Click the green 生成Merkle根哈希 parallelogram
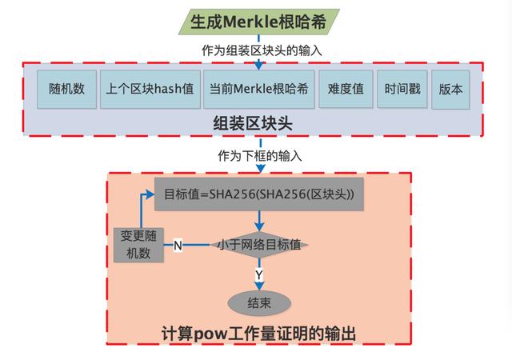point(258,22)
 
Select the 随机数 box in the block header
point(66,89)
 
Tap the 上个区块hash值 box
point(150,89)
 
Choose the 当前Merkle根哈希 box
point(259,89)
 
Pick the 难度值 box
point(346,89)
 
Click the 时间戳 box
point(402,89)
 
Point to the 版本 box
point(450,89)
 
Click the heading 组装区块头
point(253,124)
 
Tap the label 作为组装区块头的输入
point(262,50)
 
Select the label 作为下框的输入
point(260,156)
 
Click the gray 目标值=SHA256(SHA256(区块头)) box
point(259,194)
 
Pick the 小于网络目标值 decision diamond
point(259,245)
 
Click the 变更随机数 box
point(138,245)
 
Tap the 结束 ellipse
point(259,303)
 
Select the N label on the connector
point(178,245)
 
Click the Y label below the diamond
point(259,274)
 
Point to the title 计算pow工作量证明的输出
point(258,334)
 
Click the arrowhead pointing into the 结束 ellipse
point(259,286)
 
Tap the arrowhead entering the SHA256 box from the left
point(150,194)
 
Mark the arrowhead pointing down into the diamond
point(259,227)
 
